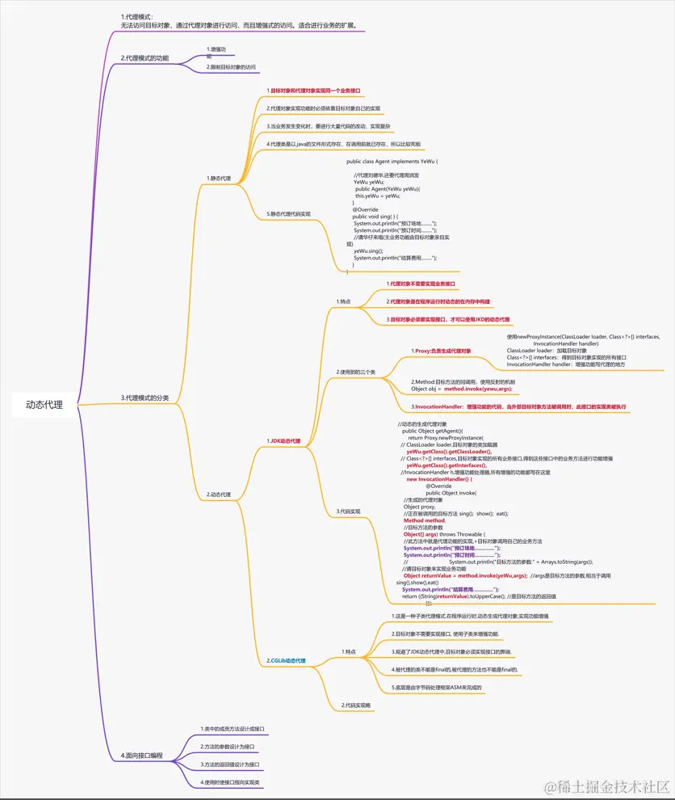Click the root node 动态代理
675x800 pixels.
[44, 404]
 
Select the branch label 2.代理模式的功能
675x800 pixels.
[145, 58]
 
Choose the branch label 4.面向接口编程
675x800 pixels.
[142, 756]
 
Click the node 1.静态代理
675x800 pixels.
[218, 178]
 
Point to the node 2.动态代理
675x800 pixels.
[219, 494]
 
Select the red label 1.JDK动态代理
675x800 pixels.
[283, 441]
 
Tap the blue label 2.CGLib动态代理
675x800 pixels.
[287, 660]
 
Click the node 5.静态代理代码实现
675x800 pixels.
[288, 214]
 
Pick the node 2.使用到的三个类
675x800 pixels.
[356, 372]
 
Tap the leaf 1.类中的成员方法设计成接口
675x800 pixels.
[233, 729]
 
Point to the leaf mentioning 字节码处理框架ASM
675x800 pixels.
[436, 687]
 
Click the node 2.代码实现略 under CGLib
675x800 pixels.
[355, 705]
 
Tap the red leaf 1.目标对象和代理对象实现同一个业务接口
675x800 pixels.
[313, 91]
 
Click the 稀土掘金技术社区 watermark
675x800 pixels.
[607, 786]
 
